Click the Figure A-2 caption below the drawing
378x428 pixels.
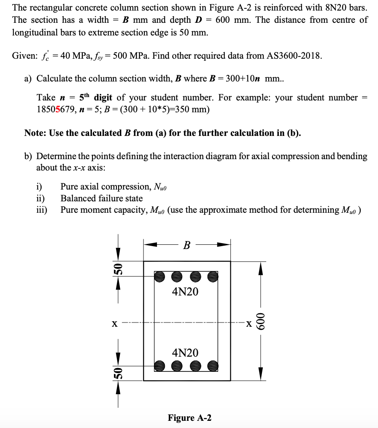(189, 418)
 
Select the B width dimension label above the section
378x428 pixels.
(186, 245)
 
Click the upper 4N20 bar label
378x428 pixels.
(185, 292)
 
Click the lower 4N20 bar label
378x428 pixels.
(185, 352)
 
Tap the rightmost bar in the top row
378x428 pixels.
(213, 276)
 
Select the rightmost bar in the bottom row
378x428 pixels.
(213, 366)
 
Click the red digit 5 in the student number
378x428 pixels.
(58, 109)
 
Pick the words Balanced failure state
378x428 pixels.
(102, 198)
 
